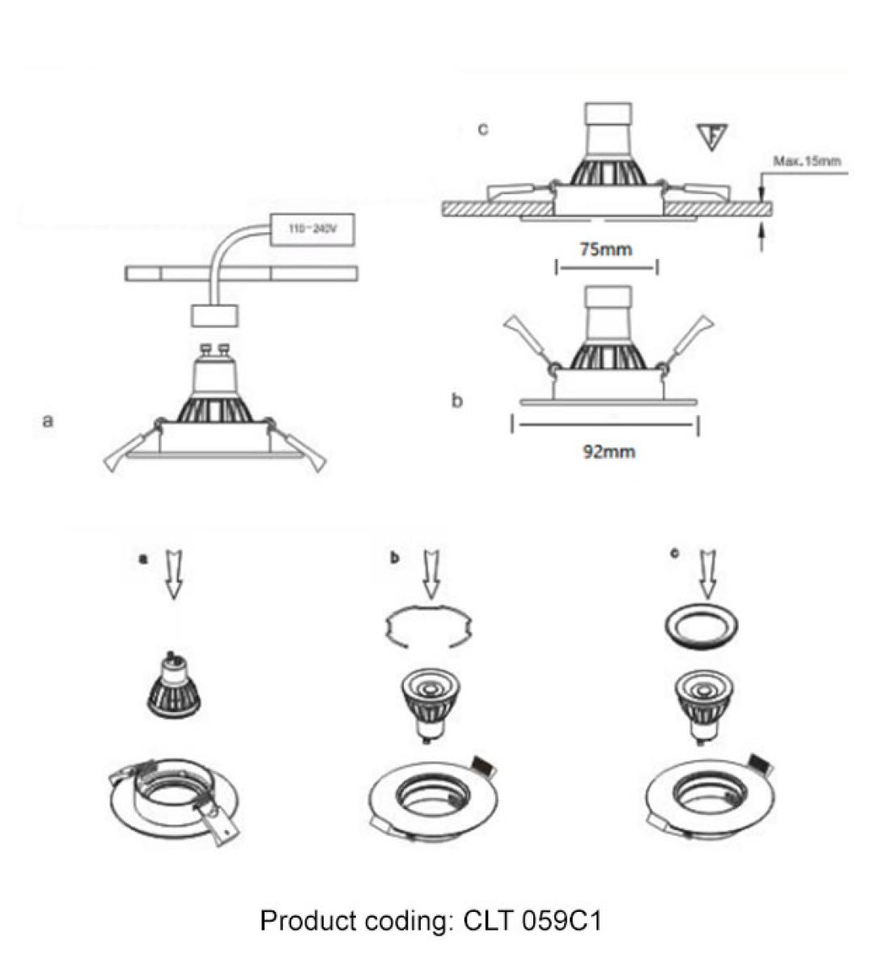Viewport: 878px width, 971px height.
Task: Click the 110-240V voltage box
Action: click(x=312, y=230)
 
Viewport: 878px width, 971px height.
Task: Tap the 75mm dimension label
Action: click(x=606, y=250)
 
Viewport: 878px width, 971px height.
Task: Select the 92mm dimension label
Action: click(x=609, y=452)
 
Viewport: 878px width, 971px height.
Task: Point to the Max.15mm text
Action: click(x=807, y=161)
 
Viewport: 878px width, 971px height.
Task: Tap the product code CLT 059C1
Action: click(x=532, y=920)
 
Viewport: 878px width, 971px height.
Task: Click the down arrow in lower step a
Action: click(x=174, y=574)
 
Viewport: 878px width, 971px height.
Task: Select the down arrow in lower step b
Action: click(x=431, y=574)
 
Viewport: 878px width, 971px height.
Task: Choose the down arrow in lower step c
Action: click(x=708, y=574)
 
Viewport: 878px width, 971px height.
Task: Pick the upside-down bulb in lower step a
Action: click(x=174, y=685)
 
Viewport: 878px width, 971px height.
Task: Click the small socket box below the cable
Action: click(x=215, y=316)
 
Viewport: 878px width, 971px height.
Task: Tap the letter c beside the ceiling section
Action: click(x=483, y=129)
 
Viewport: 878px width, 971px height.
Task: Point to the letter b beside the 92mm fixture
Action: click(x=456, y=401)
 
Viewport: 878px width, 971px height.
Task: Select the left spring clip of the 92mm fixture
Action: click(x=528, y=341)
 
